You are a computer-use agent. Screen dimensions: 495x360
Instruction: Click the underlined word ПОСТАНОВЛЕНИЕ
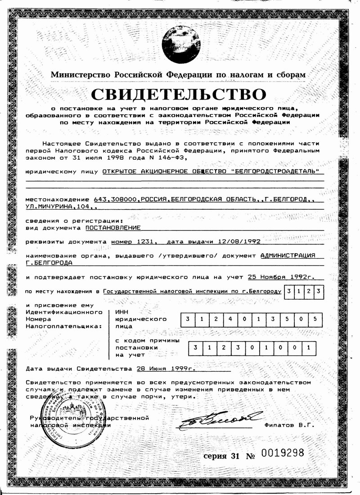[x=113, y=228]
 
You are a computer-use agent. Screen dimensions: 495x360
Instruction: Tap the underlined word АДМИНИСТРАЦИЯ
[x=288, y=255]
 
